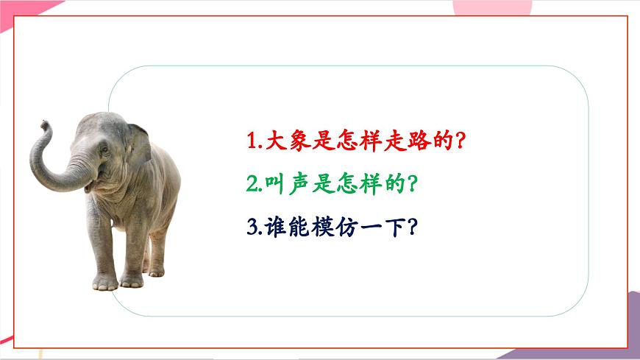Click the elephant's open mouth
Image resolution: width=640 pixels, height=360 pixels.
tap(90, 186)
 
